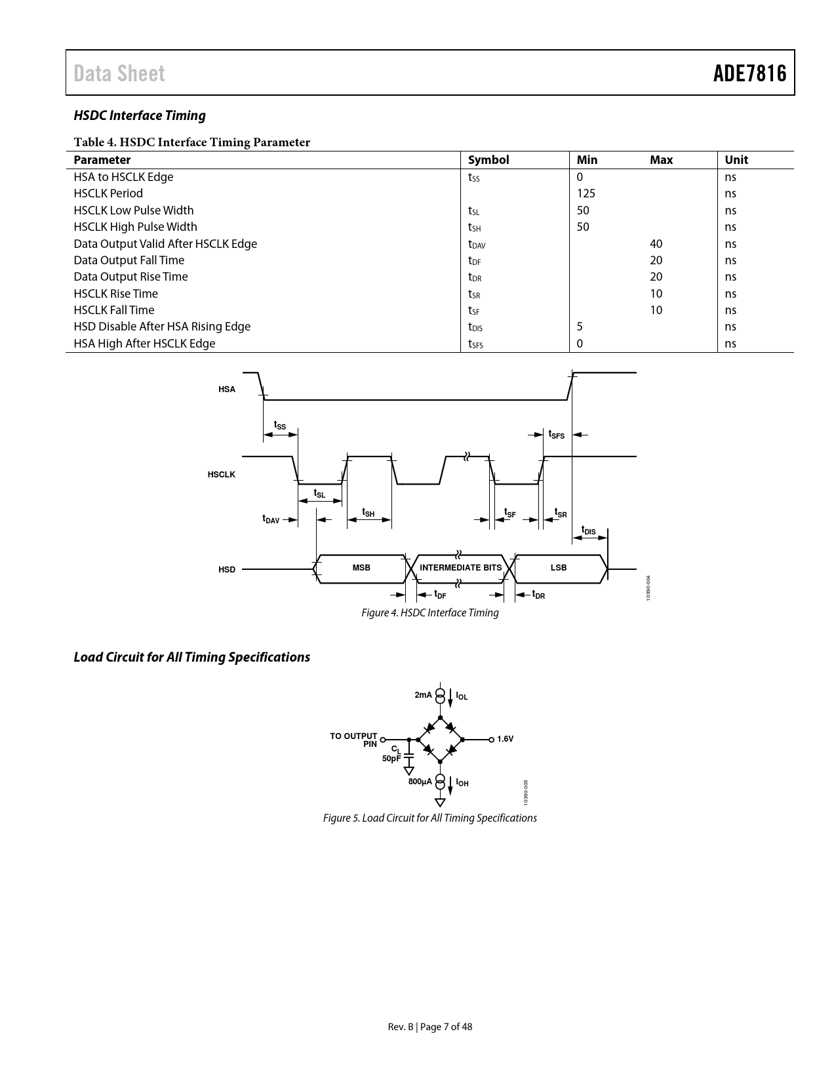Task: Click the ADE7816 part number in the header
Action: (x=749, y=73)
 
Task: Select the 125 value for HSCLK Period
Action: (x=586, y=193)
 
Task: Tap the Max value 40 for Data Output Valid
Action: (x=656, y=244)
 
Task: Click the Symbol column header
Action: (x=488, y=160)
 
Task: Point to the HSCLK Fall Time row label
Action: (x=114, y=310)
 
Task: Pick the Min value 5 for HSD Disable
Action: (x=580, y=327)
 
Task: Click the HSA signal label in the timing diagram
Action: (x=227, y=390)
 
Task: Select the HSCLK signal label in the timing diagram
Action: (x=222, y=474)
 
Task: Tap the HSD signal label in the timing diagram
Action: (x=227, y=570)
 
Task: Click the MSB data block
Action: (x=361, y=568)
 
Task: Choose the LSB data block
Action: (x=559, y=568)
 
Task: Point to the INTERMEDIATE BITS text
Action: (x=460, y=568)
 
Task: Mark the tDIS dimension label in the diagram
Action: (x=589, y=531)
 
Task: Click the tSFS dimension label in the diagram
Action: (x=556, y=434)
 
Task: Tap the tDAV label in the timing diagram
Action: (x=271, y=519)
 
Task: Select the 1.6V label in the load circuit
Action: (x=505, y=739)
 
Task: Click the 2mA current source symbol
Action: (x=440, y=695)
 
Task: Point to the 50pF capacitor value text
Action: (x=391, y=759)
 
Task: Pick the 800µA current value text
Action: (x=420, y=782)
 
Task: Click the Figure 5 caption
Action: (x=430, y=818)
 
